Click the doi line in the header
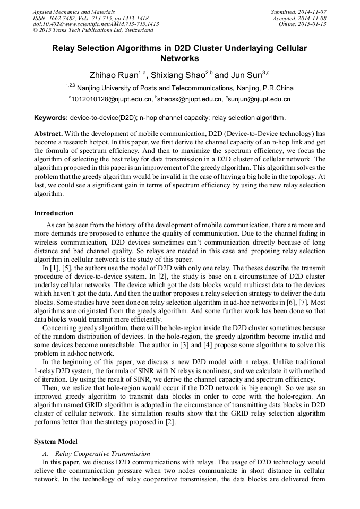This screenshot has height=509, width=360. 96,24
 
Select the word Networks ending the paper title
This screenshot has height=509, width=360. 179,58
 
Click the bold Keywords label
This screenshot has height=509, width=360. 50,118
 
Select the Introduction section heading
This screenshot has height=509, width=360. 54,213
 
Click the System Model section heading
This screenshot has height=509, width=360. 55,442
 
